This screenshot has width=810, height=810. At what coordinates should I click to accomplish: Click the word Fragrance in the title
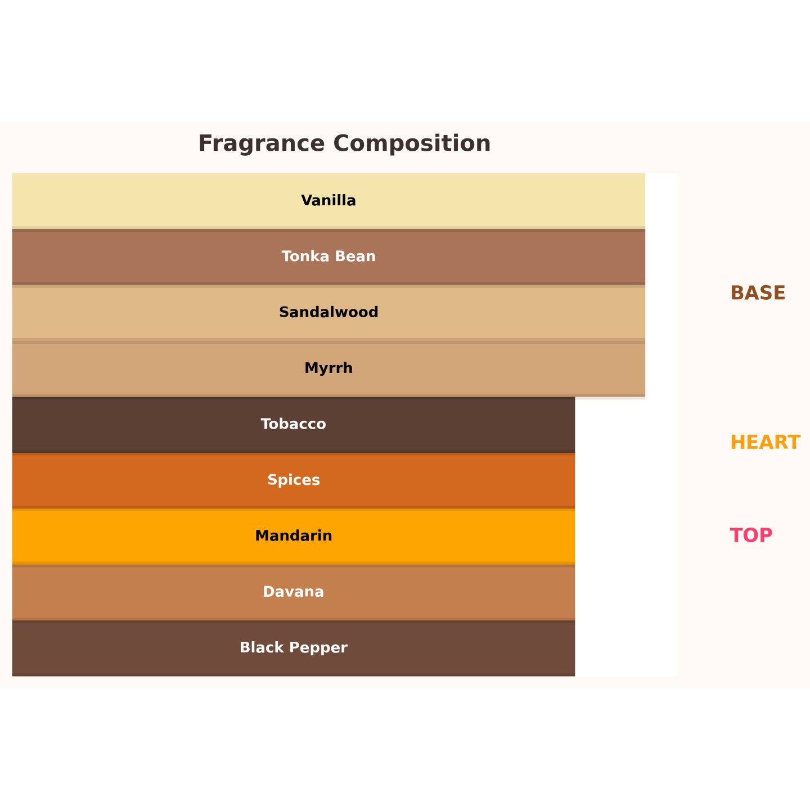point(261,144)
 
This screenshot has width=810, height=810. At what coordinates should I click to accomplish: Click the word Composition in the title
point(412,144)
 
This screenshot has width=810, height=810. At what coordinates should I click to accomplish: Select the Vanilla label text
point(328,200)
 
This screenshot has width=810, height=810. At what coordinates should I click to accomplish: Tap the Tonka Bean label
point(328,256)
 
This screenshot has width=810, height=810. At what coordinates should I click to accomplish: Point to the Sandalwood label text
point(328,312)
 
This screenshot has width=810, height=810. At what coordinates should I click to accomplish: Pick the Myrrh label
point(328,368)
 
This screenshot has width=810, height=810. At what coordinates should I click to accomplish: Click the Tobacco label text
point(294,424)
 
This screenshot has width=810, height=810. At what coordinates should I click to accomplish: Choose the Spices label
point(294,480)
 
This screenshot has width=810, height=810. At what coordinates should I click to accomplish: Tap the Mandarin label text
point(294,536)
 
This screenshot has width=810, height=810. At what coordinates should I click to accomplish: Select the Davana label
point(294,592)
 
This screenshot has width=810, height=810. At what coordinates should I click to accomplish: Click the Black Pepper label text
point(294,648)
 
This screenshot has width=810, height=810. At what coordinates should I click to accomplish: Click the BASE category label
point(758,293)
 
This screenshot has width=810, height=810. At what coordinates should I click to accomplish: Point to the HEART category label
point(765,443)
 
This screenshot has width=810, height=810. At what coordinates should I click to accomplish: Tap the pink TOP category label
point(751,535)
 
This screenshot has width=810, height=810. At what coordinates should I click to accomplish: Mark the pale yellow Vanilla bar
point(328,200)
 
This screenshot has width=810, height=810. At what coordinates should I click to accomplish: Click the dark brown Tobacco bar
point(294,425)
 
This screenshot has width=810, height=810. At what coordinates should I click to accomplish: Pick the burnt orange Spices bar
point(294,480)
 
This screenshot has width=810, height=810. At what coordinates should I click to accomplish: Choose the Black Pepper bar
point(294,648)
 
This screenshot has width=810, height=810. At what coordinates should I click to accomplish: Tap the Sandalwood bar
point(328,313)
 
